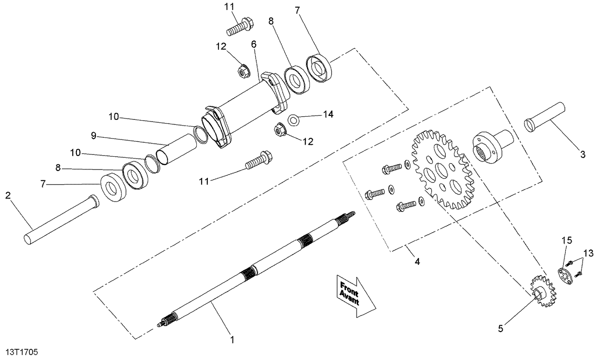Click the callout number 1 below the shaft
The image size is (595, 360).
coord(232,340)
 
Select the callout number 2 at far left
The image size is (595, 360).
coord(8,195)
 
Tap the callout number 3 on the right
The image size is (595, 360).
coord(582,154)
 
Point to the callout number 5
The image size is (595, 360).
coord(501,328)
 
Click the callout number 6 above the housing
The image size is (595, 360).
coord(253,44)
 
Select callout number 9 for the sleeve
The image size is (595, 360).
coord(94,136)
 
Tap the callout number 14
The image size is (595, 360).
coord(328,114)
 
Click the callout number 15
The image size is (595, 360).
coord(567,240)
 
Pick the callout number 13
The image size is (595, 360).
coord(588,253)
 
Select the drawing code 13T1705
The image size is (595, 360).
coord(22,352)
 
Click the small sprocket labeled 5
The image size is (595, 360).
coord(543,293)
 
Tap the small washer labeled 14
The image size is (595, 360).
coord(293,120)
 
